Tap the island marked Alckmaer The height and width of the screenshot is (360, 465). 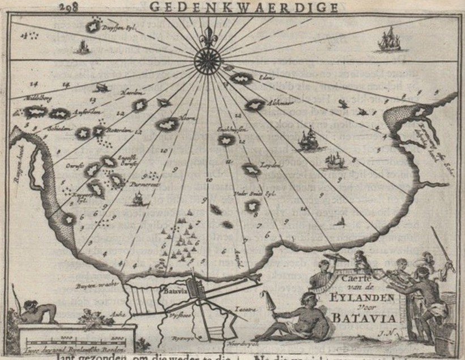256,105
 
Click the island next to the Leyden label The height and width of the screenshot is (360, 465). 250,169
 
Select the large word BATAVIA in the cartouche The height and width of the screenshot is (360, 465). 364,318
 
